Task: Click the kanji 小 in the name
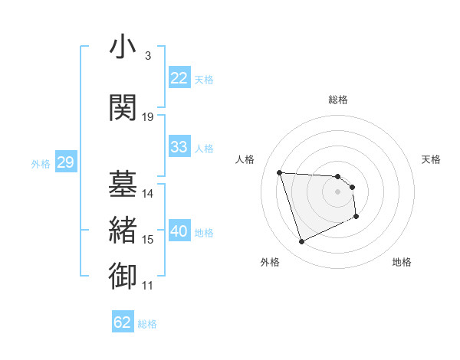(123, 47)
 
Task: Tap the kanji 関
(123, 108)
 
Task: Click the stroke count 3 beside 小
(147, 56)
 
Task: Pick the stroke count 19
(148, 117)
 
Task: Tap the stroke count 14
(148, 194)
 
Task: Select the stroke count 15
(148, 240)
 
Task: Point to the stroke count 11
(147, 286)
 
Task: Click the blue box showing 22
(179, 78)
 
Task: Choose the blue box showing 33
(179, 147)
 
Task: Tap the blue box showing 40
(179, 231)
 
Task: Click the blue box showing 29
(65, 162)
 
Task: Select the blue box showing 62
(123, 322)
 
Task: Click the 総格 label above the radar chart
(338, 100)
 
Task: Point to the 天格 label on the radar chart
(431, 159)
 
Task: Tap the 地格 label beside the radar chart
(402, 262)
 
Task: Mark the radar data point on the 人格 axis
(280, 172)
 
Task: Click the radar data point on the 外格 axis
(301, 242)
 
